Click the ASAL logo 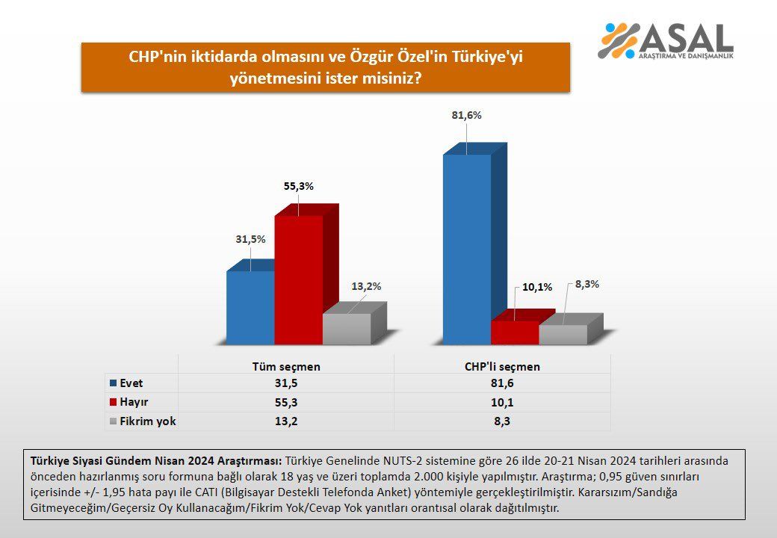(665, 41)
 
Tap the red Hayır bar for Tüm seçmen (298, 279)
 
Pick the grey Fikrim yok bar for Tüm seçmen (347, 328)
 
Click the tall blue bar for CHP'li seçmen (467, 249)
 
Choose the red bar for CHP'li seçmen (515, 333)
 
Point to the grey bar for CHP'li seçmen (563, 334)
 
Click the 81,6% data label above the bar (466, 116)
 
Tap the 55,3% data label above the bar (298, 186)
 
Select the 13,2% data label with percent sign (366, 285)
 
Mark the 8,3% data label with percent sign (586, 285)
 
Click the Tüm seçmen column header (285, 366)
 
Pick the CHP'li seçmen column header (502, 366)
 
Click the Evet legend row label (126, 383)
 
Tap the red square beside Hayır (112, 402)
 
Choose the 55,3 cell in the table (285, 402)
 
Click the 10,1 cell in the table (502, 402)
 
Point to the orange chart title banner (326, 67)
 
